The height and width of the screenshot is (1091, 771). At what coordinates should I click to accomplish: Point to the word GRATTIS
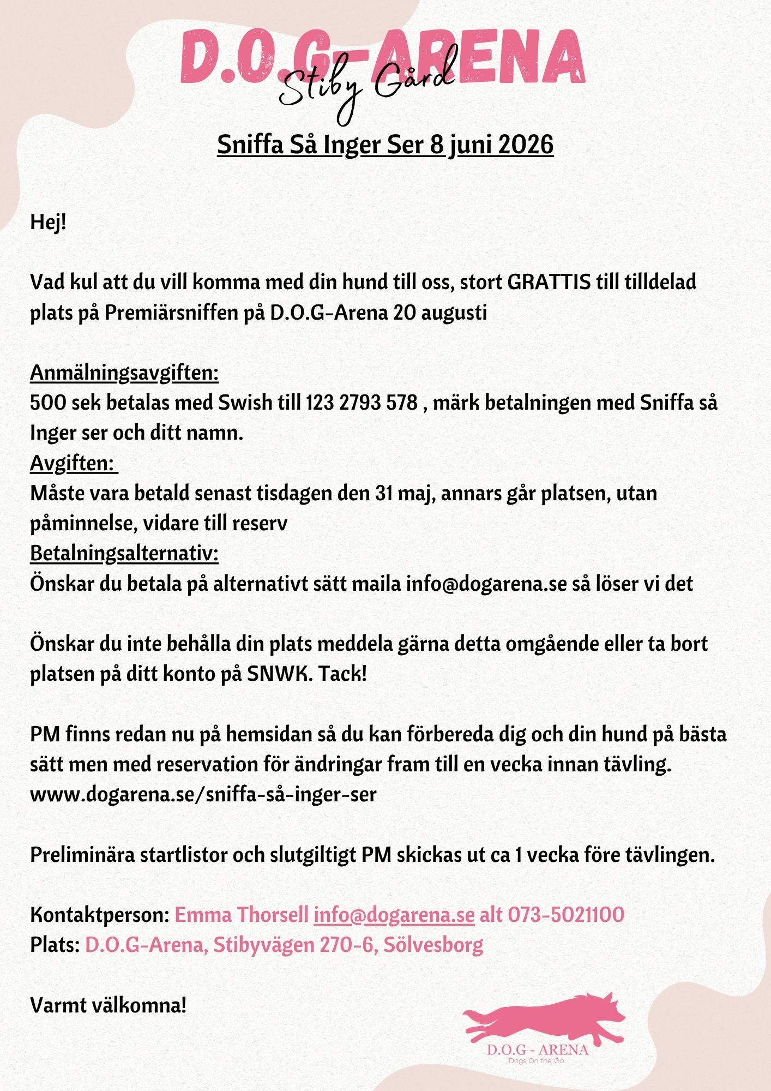549,283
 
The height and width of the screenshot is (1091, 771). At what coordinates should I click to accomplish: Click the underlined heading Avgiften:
73,463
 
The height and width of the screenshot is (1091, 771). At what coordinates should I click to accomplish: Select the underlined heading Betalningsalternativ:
124,553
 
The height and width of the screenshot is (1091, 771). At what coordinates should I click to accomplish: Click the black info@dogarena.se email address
486,583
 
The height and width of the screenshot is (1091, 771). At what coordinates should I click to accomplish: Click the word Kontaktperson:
100,914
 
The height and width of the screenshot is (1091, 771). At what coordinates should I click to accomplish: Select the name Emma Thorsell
242,914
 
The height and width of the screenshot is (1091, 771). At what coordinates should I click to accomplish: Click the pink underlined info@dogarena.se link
394,914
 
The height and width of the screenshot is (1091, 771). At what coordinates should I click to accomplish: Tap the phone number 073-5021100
566,914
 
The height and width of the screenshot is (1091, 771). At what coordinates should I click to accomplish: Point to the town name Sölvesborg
433,944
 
